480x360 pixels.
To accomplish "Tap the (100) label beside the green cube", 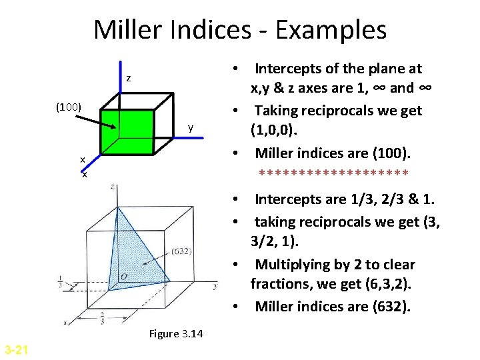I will tap(68, 107).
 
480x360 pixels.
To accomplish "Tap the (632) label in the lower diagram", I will tap(182, 251).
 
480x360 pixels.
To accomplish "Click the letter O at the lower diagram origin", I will tap(124, 275).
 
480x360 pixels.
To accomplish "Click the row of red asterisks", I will tap(333, 175).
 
